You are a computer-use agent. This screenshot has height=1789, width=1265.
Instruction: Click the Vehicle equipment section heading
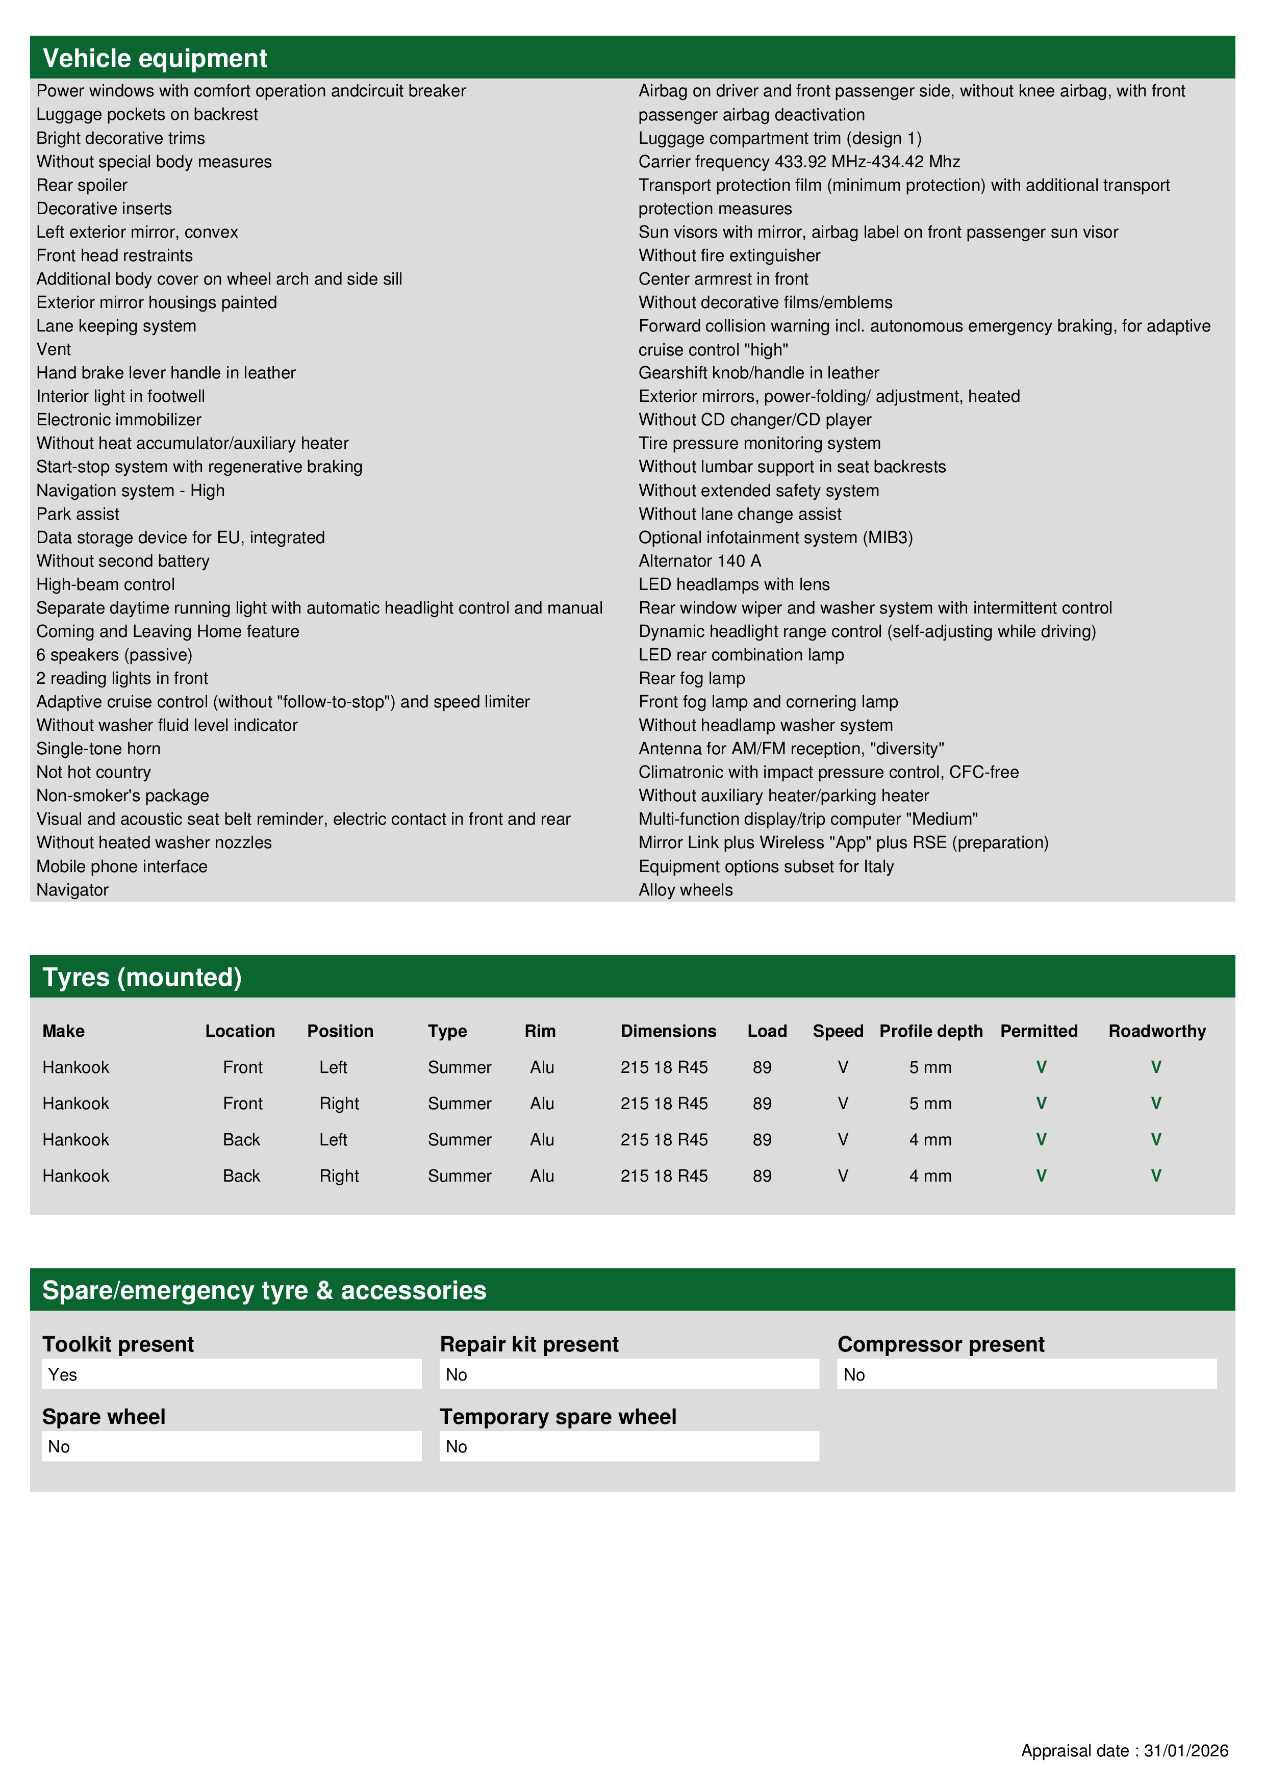[155, 59]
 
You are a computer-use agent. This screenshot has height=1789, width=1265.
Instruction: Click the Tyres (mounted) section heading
[142, 977]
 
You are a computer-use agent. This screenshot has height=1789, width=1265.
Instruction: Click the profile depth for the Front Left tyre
[930, 1067]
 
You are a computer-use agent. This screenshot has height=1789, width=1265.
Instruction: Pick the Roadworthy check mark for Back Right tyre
[1156, 1176]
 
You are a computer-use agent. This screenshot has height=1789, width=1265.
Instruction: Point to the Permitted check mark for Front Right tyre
[1041, 1103]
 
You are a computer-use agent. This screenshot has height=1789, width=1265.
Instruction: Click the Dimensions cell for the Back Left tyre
[664, 1140]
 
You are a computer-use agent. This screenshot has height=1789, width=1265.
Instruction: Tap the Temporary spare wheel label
[558, 1417]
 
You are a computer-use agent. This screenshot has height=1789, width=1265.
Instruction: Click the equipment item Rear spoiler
[82, 186]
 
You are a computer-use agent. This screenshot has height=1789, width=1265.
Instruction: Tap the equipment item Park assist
[78, 514]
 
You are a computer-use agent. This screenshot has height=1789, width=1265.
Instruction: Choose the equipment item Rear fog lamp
[691, 679]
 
